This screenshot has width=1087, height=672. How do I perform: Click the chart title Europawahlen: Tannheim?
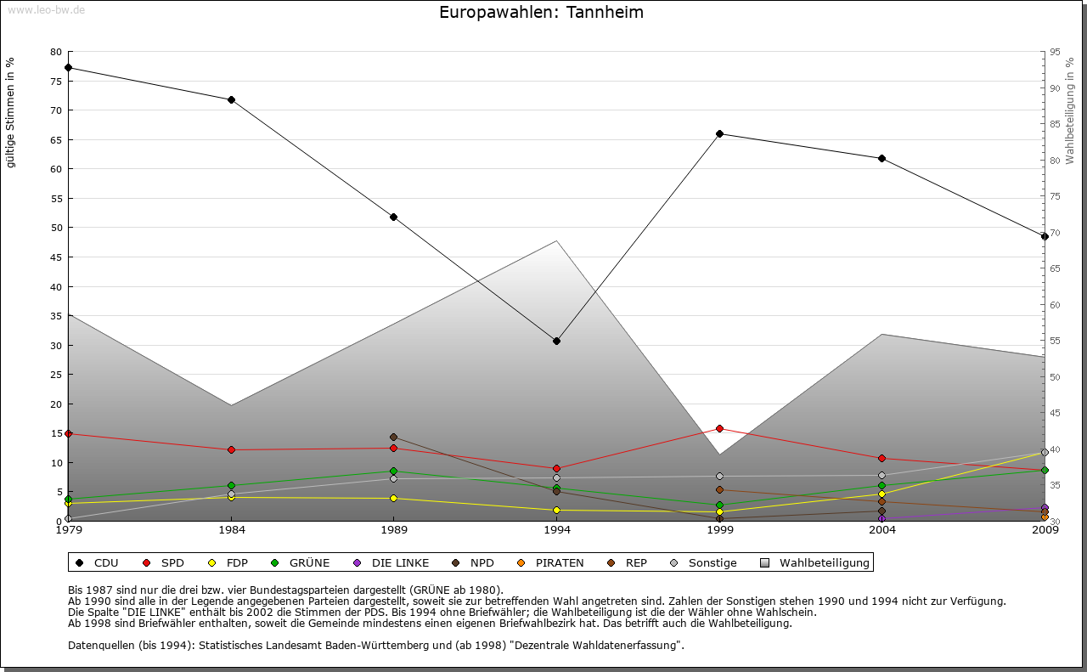coord(541,13)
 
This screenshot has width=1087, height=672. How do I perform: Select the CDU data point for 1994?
coord(556,341)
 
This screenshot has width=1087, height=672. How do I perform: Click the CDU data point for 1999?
coord(719,133)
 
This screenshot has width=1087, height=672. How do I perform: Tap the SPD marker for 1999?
coord(719,428)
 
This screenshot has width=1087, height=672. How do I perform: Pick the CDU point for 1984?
coord(231,99)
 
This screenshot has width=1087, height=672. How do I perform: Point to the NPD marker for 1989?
coord(393,437)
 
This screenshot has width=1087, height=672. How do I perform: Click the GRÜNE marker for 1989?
coord(393,471)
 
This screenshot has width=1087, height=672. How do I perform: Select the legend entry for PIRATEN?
coord(552,562)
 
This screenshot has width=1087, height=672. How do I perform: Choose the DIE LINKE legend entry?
coord(392,562)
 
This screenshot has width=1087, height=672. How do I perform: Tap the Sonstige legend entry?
coord(705,562)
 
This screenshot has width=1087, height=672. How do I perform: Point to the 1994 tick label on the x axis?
coord(557,530)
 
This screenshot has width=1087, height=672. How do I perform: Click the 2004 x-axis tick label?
coord(882,530)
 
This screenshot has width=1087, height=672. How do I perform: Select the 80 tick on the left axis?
coord(56,52)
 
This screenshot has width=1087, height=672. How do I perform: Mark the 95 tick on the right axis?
coord(1055,52)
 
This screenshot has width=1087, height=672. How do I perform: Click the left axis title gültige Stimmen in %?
coord(11,112)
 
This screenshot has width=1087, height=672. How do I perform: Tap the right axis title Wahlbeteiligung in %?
coord(1070,110)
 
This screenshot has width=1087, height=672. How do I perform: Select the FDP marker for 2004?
coord(882,494)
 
